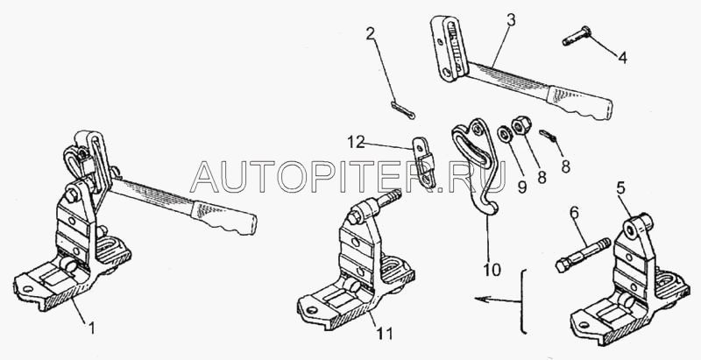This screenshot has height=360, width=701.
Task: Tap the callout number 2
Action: pos(371,36)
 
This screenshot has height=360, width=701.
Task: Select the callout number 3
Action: pos(511,18)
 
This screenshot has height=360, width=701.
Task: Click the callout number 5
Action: pos(620,187)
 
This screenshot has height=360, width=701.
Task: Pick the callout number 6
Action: pos(573,213)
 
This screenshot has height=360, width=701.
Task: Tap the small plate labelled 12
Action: pos(423,165)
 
